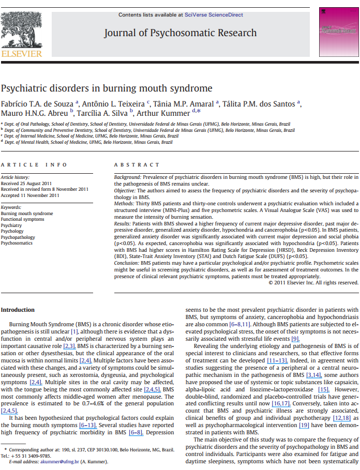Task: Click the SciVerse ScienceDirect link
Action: (214, 15)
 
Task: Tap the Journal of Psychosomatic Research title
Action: (180, 33)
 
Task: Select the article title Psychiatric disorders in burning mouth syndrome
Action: (106, 88)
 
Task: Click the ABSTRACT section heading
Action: (137, 164)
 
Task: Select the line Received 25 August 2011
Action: (25, 183)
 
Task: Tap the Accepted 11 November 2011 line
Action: (30, 195)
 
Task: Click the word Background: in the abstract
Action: (127, 177)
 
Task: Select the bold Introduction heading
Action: (18, 310)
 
